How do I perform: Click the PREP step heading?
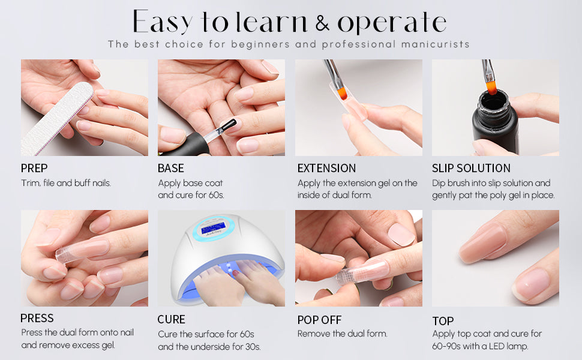tap(34, 168)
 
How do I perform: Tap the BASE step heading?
tap(171, 168)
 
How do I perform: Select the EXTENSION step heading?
tap(326, 168)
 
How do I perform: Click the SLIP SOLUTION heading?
tap(471, 168)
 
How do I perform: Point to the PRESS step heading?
tap(37, 318)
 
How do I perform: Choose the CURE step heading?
tap(171, 319)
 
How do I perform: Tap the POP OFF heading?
tap(319, 320)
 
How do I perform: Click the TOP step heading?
tap(443, 320)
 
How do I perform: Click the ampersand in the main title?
tap(322, 23)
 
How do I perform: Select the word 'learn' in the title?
tap(271, 22)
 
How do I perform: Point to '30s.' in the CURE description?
tap(253, 347)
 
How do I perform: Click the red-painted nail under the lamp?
tap(235, 273)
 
